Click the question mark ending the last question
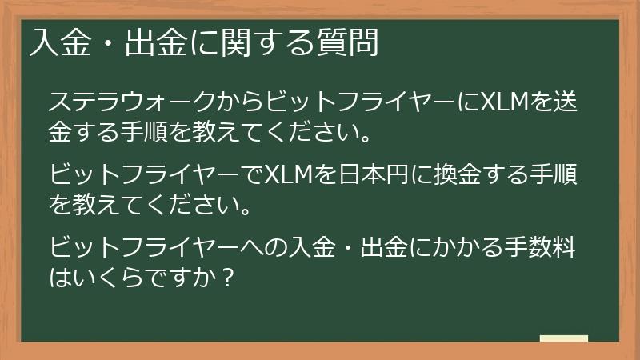[228, 280]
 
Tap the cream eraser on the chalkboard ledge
[563, 338]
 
